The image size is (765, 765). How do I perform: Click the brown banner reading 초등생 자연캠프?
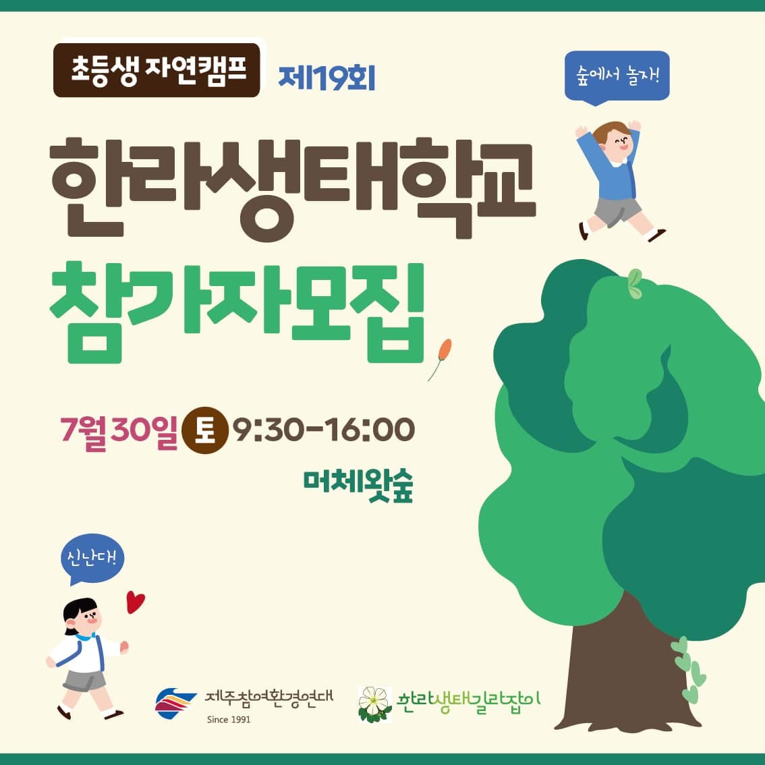pos(157,70)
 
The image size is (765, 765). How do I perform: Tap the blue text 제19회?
pos(327,78)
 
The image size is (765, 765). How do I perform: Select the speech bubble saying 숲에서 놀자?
pos(617,78)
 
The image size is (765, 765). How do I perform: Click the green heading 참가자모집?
pos(237,312)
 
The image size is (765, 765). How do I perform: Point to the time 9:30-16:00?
pos(323,430)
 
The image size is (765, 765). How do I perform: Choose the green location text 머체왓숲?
pos(358,486)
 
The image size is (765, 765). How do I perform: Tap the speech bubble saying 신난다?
pos(92,559)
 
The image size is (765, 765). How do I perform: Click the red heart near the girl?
pos(135,602)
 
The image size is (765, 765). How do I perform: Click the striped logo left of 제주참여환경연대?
pos(175,702)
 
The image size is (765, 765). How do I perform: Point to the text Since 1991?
pos(228,720)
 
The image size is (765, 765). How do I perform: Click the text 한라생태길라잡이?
pos(468,703)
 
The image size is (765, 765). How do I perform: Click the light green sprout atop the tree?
pos(634,284)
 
